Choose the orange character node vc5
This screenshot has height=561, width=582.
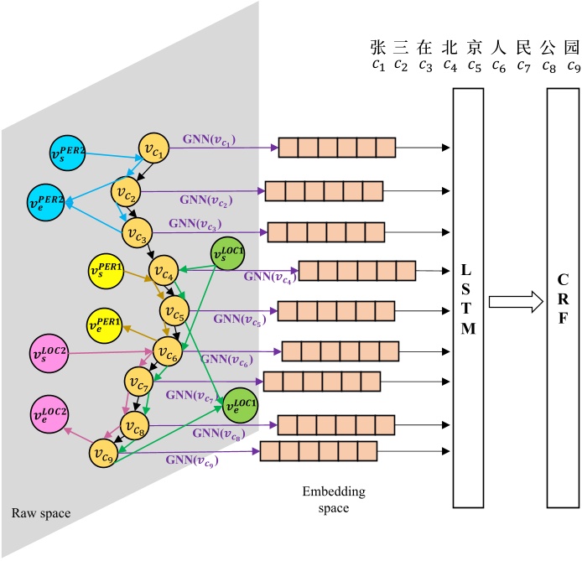pyautogui.click(x=174, y=314)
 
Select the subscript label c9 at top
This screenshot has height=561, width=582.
pyautogui.click(x=574, y=65)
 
